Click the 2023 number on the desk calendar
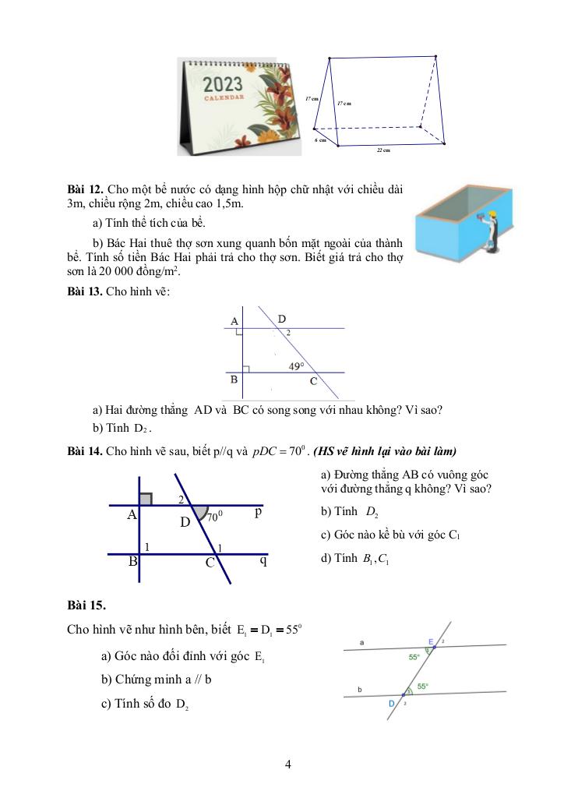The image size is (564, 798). [223, 84]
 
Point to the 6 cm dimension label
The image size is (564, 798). [320, 139]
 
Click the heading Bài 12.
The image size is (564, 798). [85, 189]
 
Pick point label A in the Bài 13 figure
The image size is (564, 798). [234, 321]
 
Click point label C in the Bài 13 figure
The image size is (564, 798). [313, 381]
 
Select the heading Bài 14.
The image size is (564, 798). [85, 451]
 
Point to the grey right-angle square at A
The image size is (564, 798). [146, 498]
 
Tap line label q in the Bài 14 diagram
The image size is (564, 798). [263, 560]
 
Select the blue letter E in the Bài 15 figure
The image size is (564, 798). [430, 641]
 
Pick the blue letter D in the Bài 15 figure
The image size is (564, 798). [392, 703]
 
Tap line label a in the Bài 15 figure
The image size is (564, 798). [361, 643]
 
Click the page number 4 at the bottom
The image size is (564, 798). [288, 764]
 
